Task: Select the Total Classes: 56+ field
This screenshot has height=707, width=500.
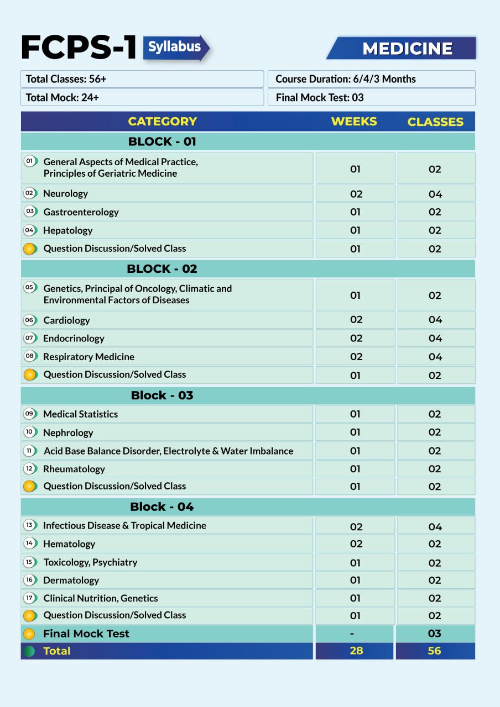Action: coord(142,79)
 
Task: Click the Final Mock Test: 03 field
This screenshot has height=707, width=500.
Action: coord(371,97)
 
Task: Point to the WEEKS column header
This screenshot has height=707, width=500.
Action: coord(354,122)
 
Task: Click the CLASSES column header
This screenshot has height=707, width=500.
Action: coord(435,122)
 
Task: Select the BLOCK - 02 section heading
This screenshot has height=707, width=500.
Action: coord(162,269)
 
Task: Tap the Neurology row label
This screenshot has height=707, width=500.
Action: coord(65,193)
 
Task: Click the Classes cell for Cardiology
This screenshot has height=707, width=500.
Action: coord(435,320)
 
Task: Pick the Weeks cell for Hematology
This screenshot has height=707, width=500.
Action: coord(356,544)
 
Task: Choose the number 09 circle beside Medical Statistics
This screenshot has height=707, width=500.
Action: coord(30,414)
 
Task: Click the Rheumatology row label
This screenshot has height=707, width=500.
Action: coord(74,469)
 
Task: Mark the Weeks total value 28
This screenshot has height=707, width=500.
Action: coord(356,651)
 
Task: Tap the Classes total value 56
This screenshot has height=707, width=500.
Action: coord(435,651)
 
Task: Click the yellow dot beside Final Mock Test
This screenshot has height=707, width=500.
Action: coord(30,634)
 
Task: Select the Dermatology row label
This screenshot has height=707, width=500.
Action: coord(71,580)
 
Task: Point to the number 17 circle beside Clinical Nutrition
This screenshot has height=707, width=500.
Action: coord(30,598)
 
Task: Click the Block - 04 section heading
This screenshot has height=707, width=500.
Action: coord(162,507)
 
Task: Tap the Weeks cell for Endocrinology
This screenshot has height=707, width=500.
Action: coord(356,338)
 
